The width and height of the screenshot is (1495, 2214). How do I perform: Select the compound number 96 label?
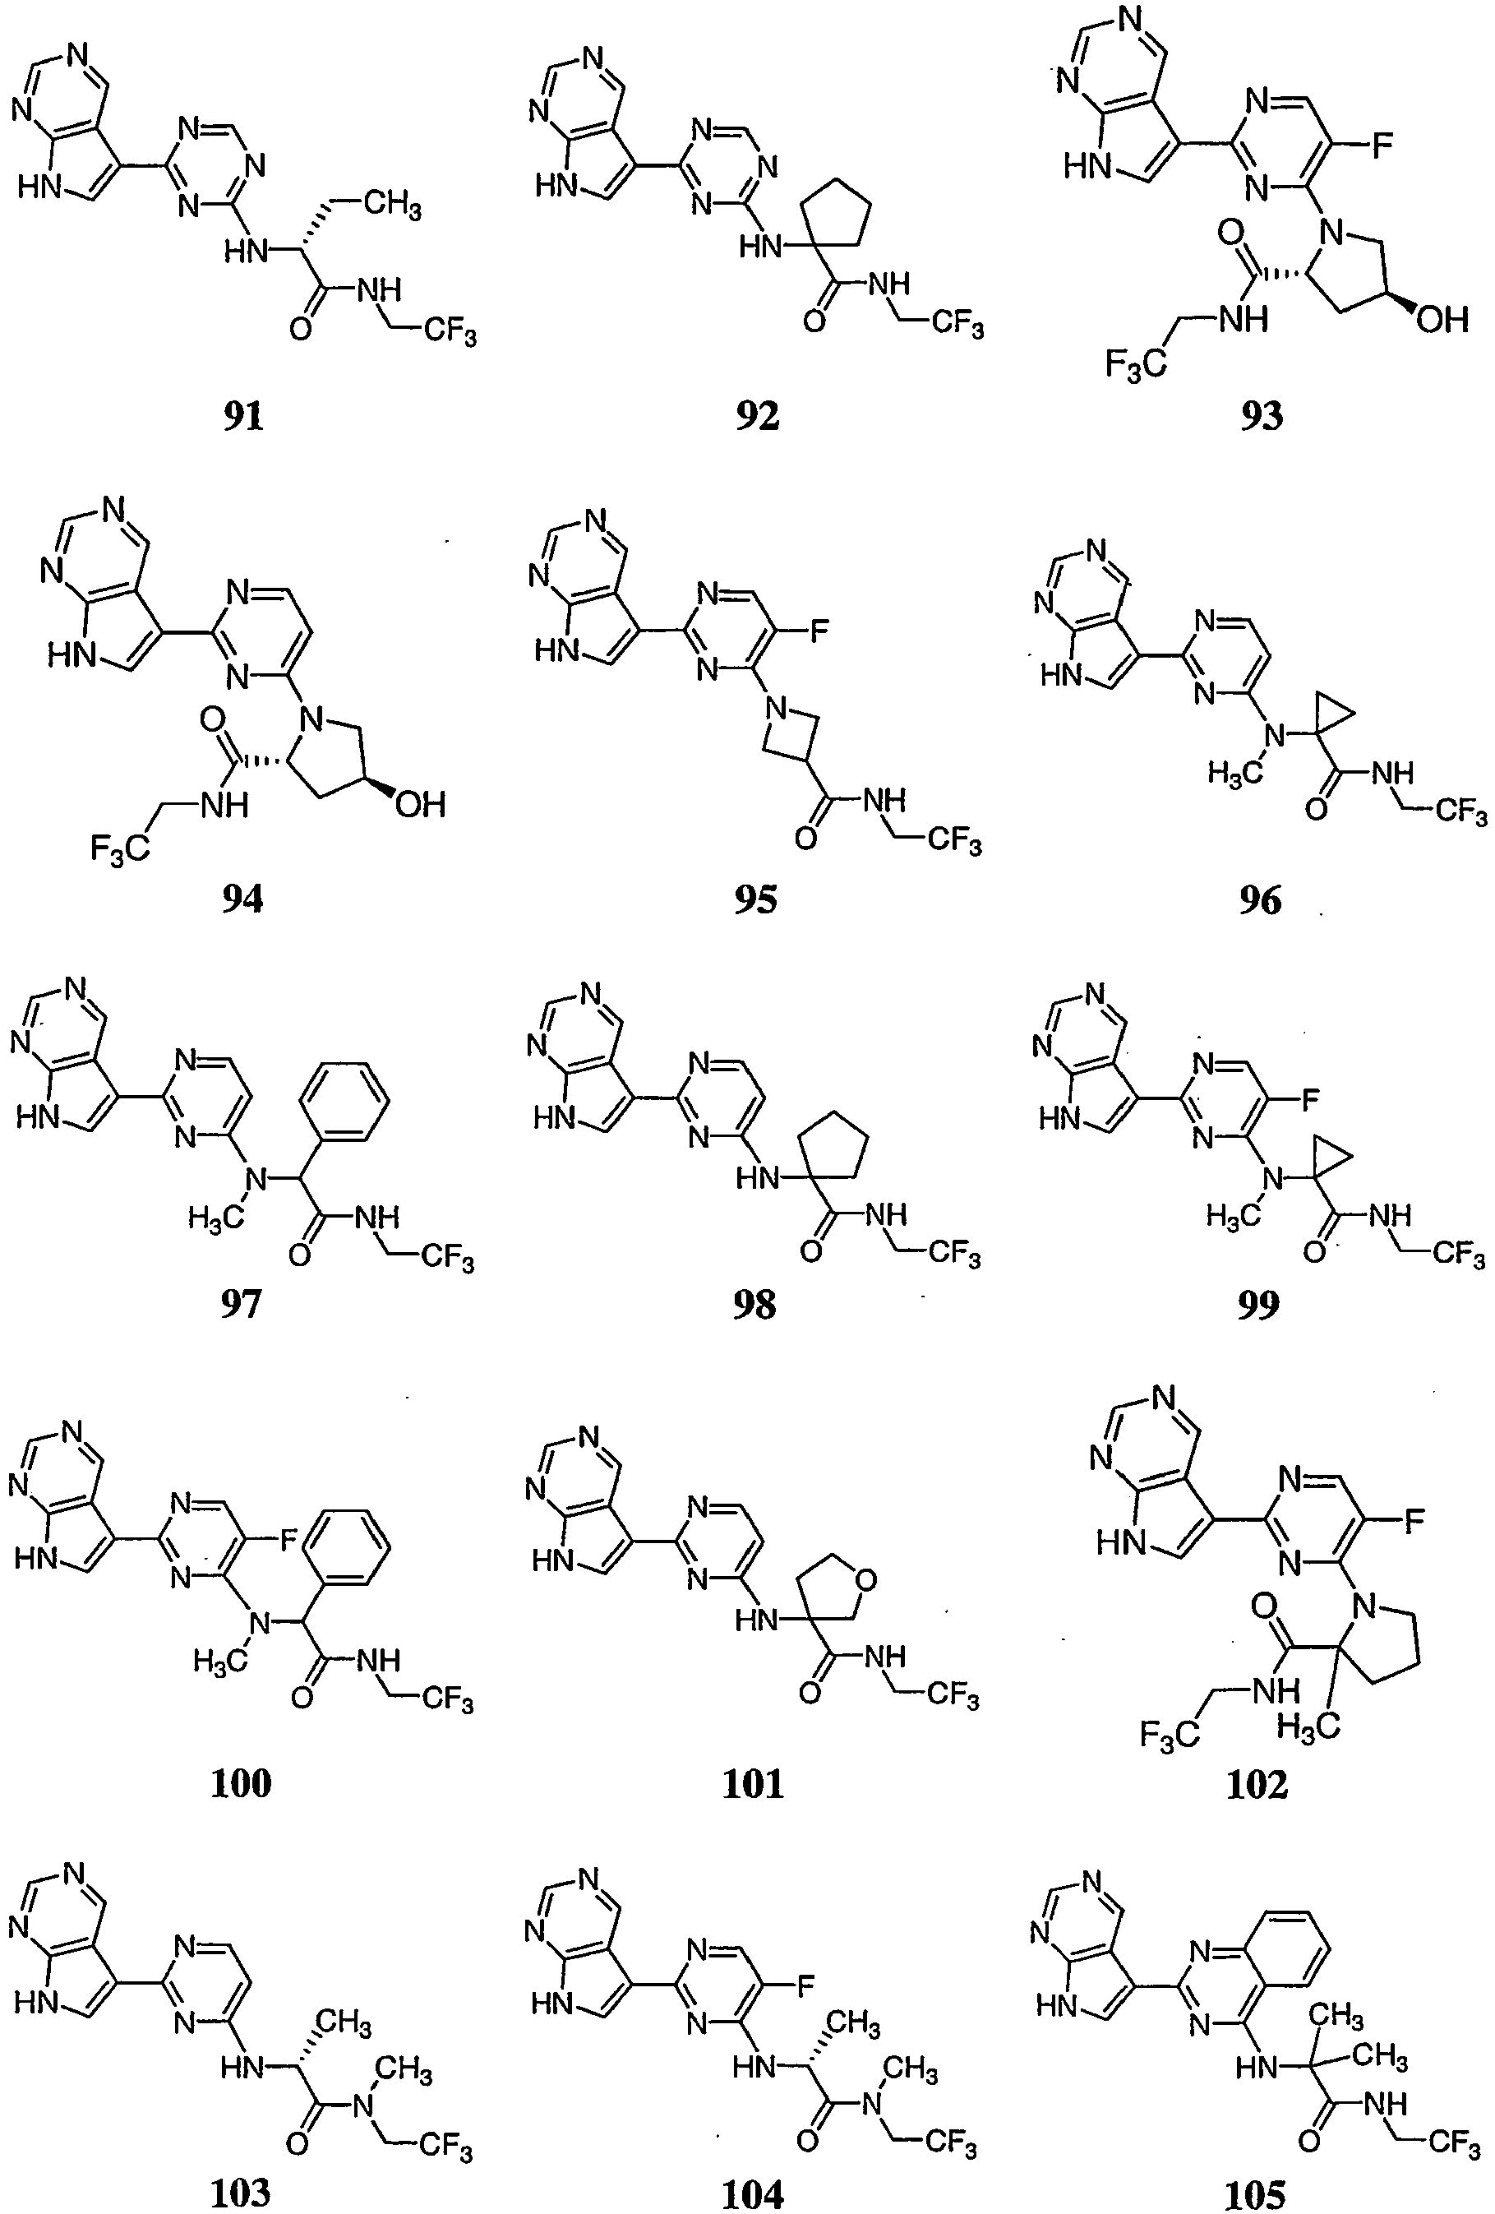click(1260, 899)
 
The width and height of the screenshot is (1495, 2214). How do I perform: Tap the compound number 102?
click(1257, 1783)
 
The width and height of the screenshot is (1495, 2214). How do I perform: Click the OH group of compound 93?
click(1440, 319)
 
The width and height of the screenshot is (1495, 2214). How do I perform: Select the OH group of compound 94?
click(420, 804)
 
